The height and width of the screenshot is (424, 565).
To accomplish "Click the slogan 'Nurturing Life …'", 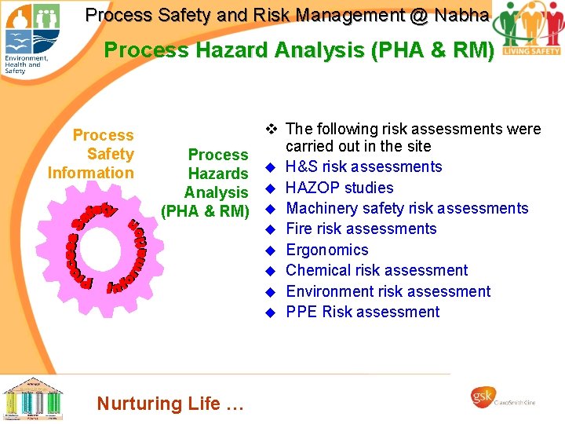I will click(x=170, y=404).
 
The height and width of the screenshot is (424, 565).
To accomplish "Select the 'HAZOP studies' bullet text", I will click(x=340, y=188).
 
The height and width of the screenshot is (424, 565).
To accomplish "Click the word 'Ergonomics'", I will click(x=327, y=250).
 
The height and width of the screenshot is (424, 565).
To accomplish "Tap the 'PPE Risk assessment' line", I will click(x=363, y=312).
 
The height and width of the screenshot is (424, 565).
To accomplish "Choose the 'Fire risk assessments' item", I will click(x=361, y=228).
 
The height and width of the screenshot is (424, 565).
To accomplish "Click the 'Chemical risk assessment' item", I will click(x=377, y=270).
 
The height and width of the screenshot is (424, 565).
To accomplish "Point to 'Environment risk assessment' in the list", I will click(x=388, y=291).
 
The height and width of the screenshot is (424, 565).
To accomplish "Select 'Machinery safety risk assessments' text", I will click(x=407, y=208).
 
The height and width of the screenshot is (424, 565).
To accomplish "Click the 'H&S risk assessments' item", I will click(x=364, y=166).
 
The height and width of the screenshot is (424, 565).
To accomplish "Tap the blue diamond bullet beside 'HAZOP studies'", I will click(x=268, y=188).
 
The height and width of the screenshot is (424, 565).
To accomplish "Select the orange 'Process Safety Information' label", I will click(x=91, y=154).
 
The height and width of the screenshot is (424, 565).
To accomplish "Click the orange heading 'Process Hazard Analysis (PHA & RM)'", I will click(x=299, y=50).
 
